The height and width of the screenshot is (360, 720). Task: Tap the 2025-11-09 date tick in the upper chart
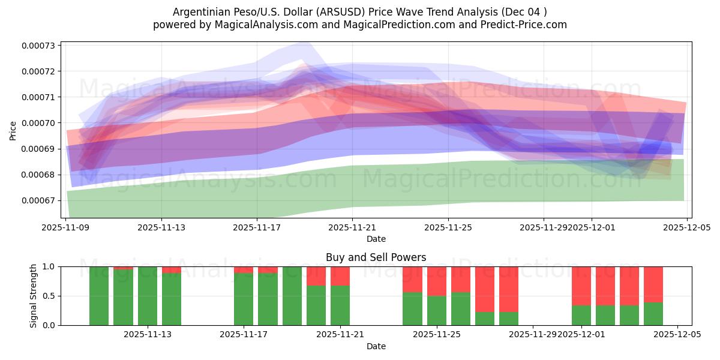point(65,228)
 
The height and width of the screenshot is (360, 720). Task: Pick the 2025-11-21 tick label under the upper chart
point(352,228)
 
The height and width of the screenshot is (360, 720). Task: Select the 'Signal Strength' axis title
point(34,296)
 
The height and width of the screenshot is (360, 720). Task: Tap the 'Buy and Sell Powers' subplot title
point(376,257)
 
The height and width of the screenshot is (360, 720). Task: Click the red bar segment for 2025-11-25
point(437,281)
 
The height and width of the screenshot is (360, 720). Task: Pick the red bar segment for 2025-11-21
point(340,275)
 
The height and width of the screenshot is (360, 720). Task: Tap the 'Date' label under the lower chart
point(376,346)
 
